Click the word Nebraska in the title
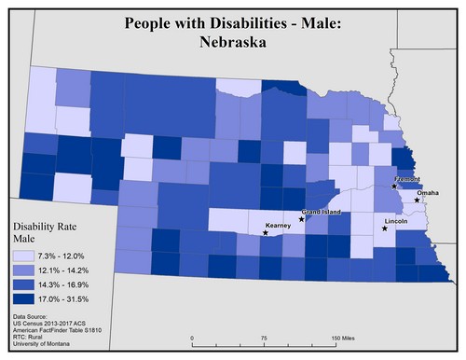coord(233,42)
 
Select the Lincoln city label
coord(395,221)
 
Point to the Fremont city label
coord(408,178)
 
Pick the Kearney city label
coord(279,226)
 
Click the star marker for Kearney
coord(266,233)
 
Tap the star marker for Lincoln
coord(384,228)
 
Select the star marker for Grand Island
coord(301,219)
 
